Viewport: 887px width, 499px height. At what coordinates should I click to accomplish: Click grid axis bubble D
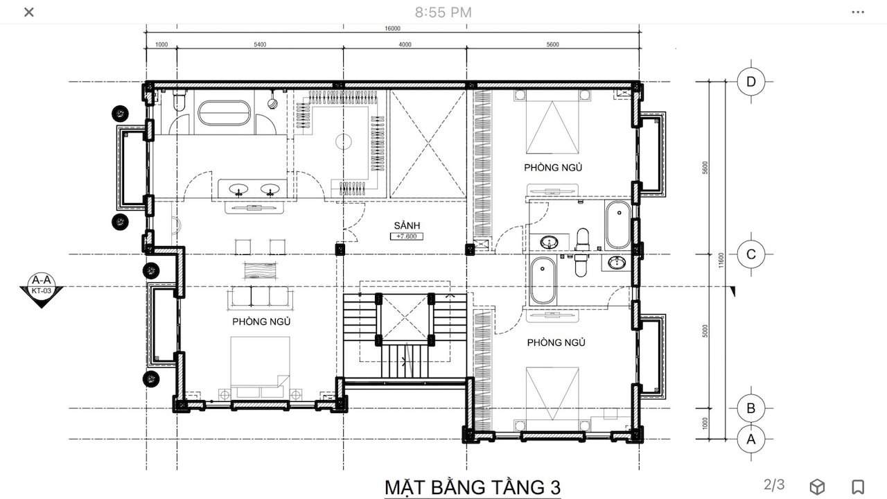click(750, 82)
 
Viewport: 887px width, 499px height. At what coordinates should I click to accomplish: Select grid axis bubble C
click(750, 254)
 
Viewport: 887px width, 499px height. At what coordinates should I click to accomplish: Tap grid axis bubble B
click(750, 408)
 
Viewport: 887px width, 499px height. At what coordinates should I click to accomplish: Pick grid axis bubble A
click(750, 439)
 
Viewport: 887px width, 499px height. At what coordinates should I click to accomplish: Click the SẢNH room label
click(407, 225)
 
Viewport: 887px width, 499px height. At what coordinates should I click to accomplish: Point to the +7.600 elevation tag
click(407, 236)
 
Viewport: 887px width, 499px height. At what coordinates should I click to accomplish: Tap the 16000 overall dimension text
click(392, 28)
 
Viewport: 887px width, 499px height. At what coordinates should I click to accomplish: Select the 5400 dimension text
click(260, 45)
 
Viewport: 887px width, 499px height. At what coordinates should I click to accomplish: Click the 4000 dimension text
click(405, 45)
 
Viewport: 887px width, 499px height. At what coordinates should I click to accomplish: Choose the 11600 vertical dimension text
click(721, 260)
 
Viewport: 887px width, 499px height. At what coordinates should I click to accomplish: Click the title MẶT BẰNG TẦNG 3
click(473, 487)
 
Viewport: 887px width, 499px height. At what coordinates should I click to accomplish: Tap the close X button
click(29, 12)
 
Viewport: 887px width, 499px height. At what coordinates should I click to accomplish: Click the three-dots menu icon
click(858, 12)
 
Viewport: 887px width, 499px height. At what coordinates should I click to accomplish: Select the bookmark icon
click(858, 487)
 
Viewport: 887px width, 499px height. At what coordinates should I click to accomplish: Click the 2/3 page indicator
click(774, 484)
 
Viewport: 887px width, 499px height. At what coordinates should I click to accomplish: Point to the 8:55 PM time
click(443, 12)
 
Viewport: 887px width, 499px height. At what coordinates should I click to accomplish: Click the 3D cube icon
click(817, 487)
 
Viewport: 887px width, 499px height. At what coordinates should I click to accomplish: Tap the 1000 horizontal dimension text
click(161, 45)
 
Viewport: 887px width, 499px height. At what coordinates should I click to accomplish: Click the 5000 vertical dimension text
click(705, 331)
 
